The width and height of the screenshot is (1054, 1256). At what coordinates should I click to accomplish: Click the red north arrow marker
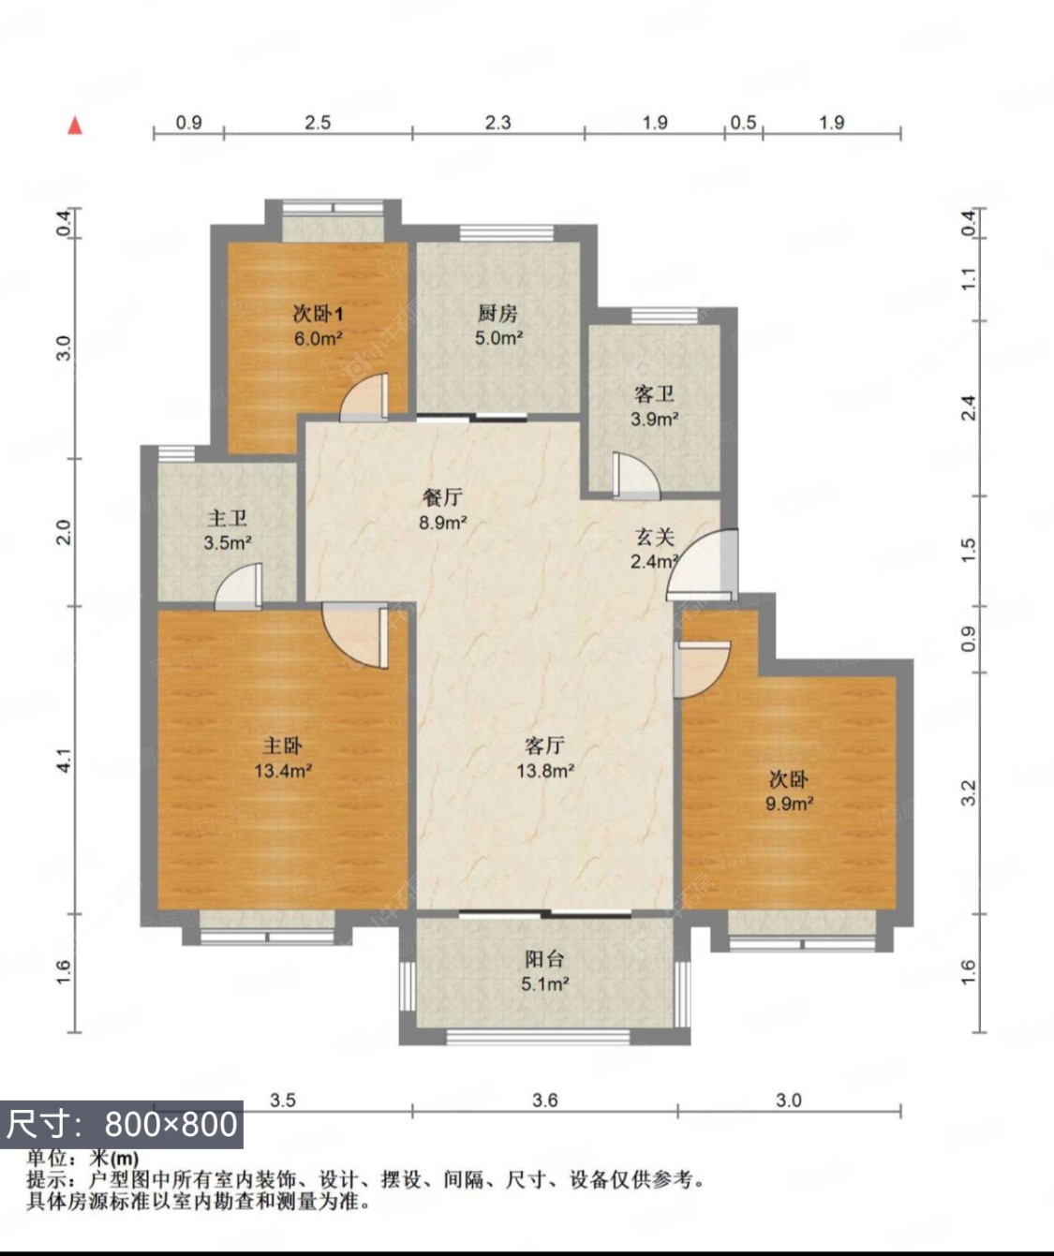tap(75, 125)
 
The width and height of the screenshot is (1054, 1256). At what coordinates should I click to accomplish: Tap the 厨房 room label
tap(497, 325)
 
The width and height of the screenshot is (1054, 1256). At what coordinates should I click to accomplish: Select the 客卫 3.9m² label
tap(654, 406)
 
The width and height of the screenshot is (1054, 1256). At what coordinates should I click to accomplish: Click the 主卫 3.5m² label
tap(227, 530)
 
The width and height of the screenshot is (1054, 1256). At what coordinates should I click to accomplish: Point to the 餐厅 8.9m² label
tap(442, 510)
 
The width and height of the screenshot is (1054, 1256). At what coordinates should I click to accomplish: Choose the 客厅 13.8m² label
tap(544, 758)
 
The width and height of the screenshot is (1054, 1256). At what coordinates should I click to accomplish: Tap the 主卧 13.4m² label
tap(282, 758)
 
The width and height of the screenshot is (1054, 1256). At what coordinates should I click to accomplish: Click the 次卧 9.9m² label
tap(789, 791)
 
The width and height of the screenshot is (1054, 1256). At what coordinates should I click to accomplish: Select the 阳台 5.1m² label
tap(544, 971)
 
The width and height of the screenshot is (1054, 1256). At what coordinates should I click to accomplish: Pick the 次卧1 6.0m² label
tap(318, 326)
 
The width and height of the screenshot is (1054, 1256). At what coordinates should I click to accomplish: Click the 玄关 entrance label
tap(655, 549)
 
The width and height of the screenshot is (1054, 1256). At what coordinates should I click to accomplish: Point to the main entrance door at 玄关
tap(705, 566)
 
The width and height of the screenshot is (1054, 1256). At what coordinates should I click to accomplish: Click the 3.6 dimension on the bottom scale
tap(544, 1100)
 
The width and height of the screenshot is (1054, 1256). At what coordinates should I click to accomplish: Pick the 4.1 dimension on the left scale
tap(64, 760)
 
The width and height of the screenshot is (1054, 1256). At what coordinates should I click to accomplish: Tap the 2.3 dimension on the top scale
tap(497, 122)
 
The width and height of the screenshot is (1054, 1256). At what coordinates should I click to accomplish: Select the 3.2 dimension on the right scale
tap(970, 792)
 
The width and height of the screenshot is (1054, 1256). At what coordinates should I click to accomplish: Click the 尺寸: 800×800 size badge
tap(122, 1123)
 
